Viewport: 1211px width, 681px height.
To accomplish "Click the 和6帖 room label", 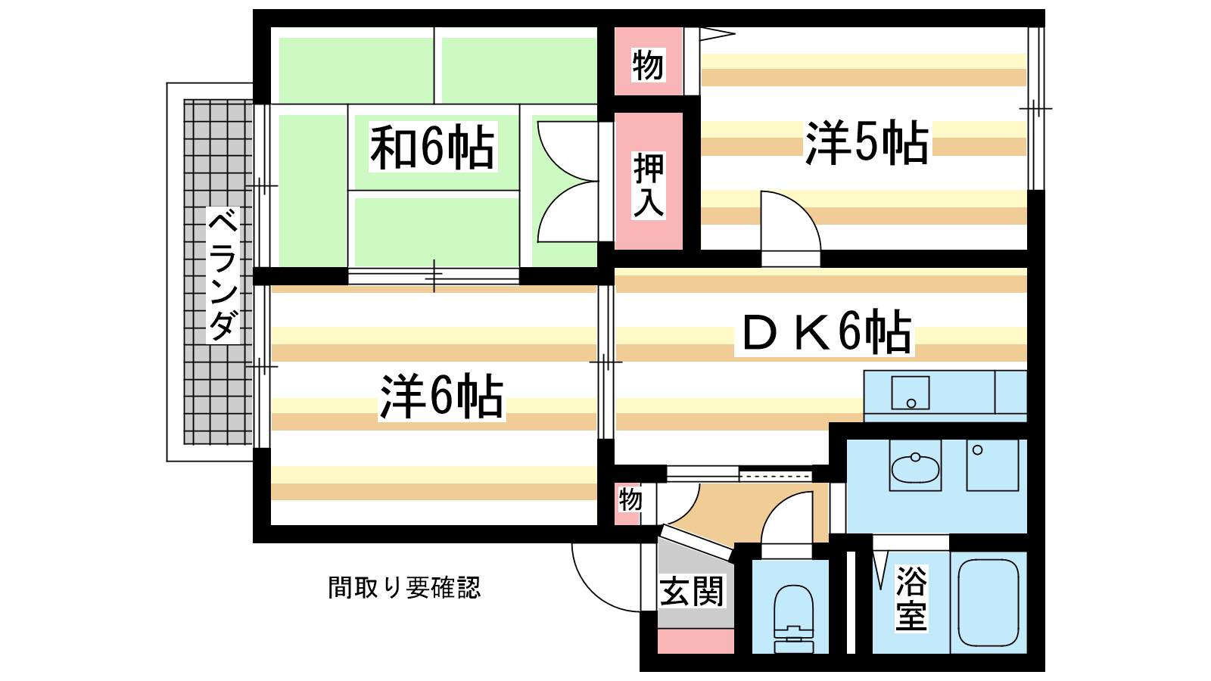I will pyautogui.click(x=432, y=147).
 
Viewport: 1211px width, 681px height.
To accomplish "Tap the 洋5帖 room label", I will pyautogui.click(x=867, y=142).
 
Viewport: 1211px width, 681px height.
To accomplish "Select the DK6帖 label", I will pyautogui.click(x=825, y=333).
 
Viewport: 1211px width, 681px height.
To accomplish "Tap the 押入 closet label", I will pyautogui.click(x=649, y=185).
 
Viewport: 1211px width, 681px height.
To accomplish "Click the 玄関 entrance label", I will pyautogui.click(x=692, y=591).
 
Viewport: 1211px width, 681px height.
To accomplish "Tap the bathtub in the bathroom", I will pyautogui.click(x=988, y=602).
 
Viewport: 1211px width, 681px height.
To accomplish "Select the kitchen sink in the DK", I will pyautogui.click(x=910, y=393).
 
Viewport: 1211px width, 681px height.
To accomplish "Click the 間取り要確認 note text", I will pyautogui.click(x=404, y=587).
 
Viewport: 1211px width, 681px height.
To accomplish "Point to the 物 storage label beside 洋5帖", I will pyautogui.click(x=648, y=65).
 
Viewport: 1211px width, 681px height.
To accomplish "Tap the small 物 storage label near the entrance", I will pyautogui.click(x=630, y=500).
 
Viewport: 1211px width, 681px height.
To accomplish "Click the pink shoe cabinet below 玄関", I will pyautogui.click(x=696, y=641).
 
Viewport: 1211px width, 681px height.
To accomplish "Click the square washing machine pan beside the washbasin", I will pyautogui.click(x=992, y=465).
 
